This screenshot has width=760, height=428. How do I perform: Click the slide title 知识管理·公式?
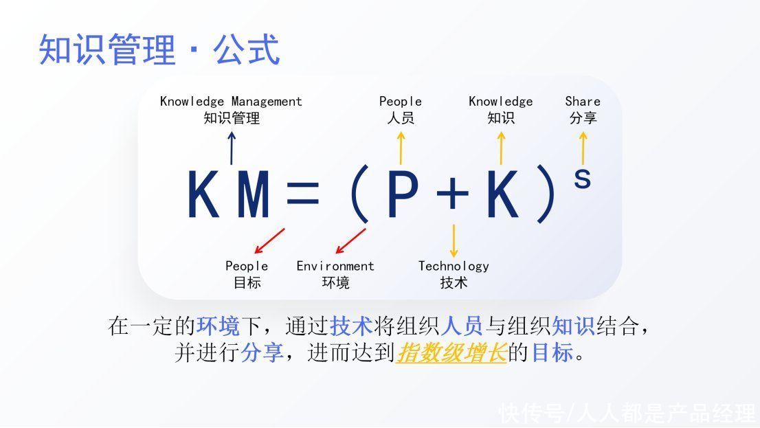[x=159, y=49]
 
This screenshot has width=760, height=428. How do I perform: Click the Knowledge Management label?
[x=231, y=109]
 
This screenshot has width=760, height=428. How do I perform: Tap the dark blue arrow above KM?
[x=232, y=148]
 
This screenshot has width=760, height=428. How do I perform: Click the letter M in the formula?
[x=254, y=194]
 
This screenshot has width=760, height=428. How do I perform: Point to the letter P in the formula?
[x=403, y=194]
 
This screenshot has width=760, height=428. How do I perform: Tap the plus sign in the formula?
[x=453, y=194]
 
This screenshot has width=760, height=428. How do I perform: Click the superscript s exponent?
[x=582, y=179]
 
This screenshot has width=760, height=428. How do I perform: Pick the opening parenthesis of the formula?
[x=359, y=194]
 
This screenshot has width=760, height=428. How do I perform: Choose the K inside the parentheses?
[x=503, y=194]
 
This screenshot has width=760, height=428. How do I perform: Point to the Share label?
[x=583, y=109]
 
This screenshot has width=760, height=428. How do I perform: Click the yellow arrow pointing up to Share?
[x=583, y=148]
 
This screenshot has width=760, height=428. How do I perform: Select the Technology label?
[x=454, y=274]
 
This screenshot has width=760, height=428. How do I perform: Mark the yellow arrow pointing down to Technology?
[x=454, y=241]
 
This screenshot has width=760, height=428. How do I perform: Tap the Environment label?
[x=335, y=274]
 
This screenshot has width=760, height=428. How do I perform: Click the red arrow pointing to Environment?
[x=351, y=241]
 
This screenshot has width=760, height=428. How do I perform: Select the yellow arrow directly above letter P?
[x=401, y=148]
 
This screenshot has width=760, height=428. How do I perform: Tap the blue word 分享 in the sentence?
[x=262, y=352]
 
